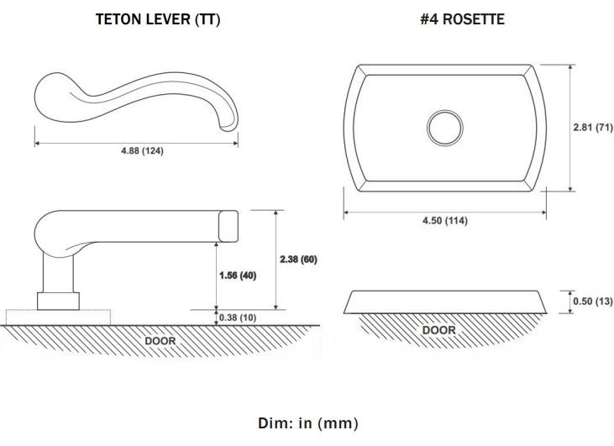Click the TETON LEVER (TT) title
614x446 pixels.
click(158, 19)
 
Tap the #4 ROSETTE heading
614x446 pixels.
click(462, 19)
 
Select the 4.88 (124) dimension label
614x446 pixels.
click(142, 150)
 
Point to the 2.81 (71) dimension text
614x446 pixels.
click(593, 128)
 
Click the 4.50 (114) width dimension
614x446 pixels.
click(445, 220)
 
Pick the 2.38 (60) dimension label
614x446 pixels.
click(298, 260)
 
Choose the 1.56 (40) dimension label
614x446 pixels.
click(238, 275)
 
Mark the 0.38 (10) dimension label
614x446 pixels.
click(238, 317)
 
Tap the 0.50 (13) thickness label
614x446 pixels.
click(593, 302)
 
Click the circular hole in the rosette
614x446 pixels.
click(445, 128)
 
